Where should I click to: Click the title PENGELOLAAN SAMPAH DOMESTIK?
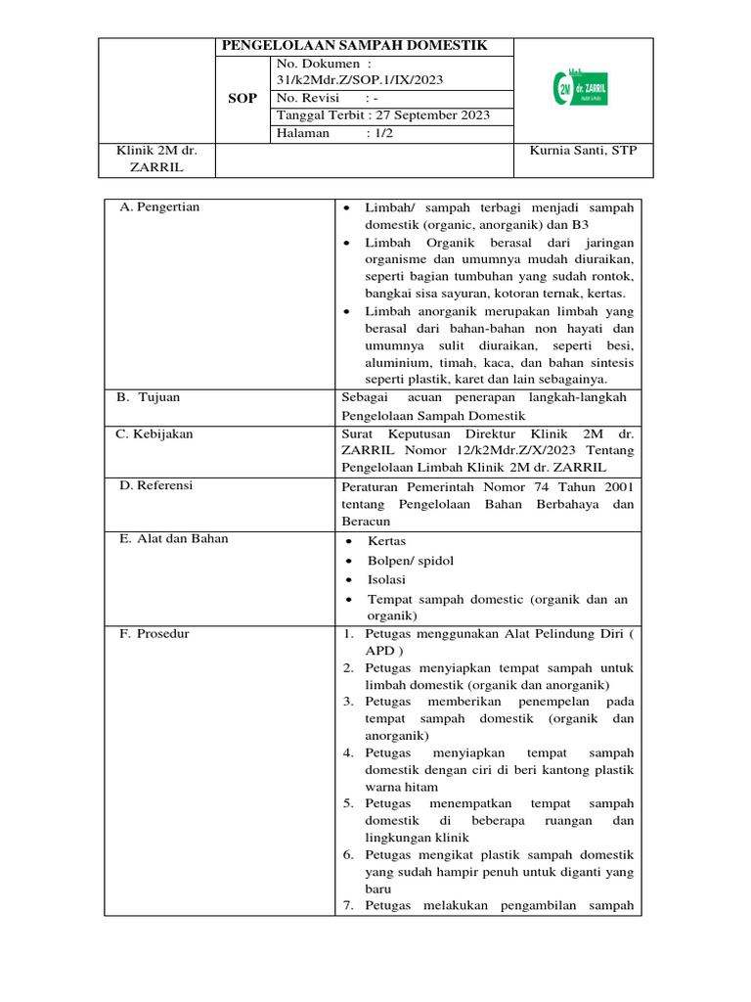[354, 46]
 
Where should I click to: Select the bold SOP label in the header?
[243, 99]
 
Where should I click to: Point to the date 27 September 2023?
[428, 115]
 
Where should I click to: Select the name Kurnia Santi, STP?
[583, 151]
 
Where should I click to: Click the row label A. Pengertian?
[158, 207]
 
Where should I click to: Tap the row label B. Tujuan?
[150, 397]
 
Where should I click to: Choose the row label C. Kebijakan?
[156, 433]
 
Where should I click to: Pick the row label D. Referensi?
[156, 485]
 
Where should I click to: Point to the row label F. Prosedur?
[155, 633]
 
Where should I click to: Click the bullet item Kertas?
[386, 541]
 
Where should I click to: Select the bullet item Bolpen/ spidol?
[411, 561]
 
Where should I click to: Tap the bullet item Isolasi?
[386, 579]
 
